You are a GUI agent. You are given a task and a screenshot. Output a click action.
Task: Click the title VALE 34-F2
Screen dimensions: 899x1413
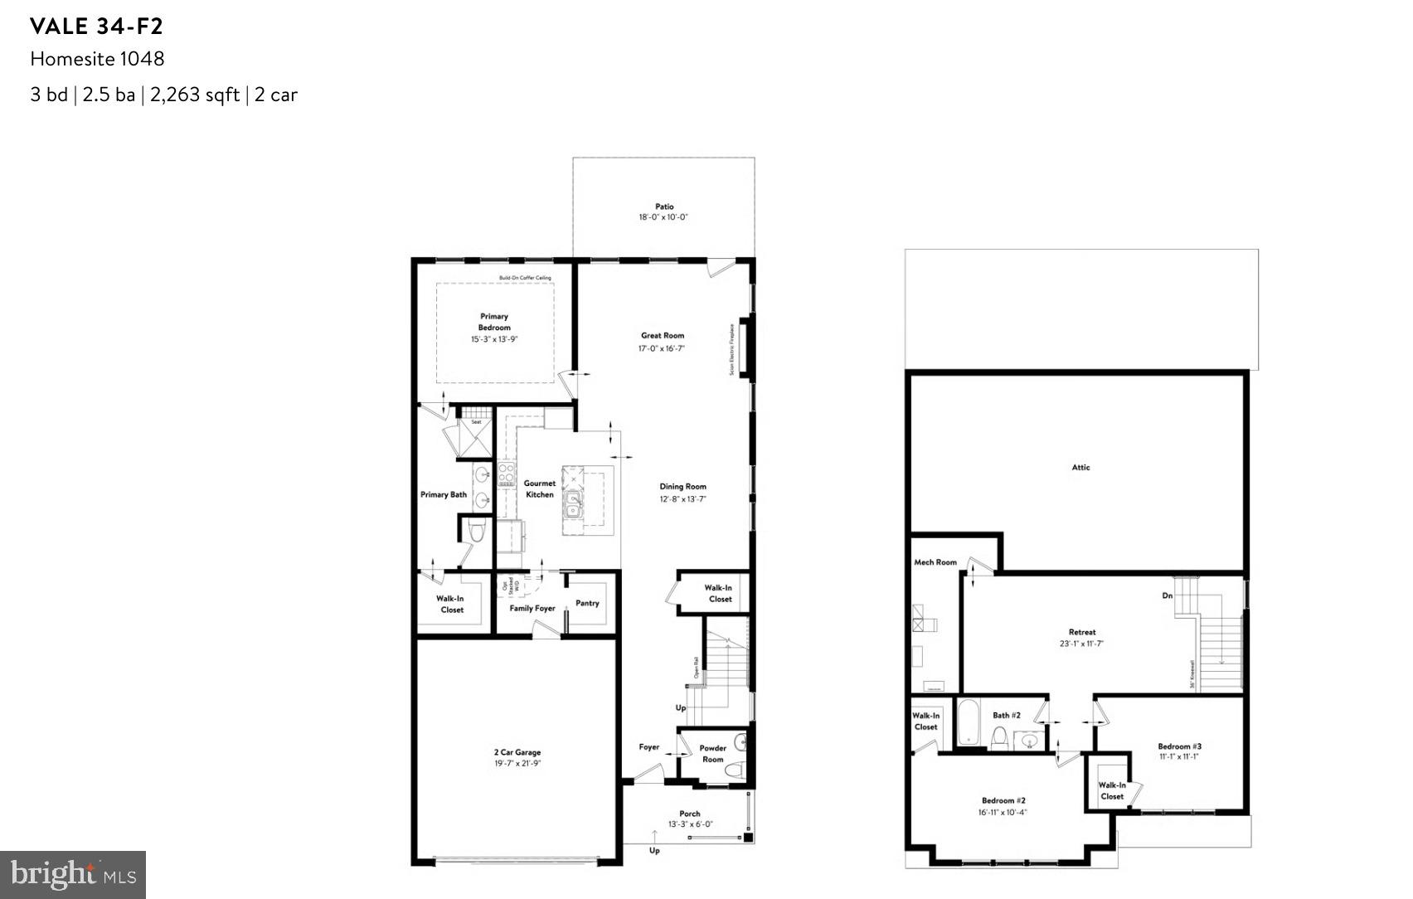point(96,27)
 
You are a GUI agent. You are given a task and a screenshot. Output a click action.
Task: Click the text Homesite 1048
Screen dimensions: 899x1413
point(97,59)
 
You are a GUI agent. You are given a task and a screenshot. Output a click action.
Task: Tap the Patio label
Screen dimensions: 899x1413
point(664,207)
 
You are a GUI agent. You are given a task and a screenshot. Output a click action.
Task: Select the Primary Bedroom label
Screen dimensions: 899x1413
point(494,322)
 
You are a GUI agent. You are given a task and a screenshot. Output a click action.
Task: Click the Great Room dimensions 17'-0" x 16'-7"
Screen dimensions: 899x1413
point(662,348)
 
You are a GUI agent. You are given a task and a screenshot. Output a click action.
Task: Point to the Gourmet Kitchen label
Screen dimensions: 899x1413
point(540,488)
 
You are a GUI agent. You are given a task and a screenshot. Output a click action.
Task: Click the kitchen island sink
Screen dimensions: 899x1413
point(572,503)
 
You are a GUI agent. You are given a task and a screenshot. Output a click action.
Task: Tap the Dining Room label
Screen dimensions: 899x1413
point(682,487)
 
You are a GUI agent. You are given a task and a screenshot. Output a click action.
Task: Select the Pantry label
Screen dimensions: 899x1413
point(587,603)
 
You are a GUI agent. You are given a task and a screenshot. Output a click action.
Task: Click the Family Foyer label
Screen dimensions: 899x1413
point(532,608)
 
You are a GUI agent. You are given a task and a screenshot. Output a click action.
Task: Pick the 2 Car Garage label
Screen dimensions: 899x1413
point(517,752)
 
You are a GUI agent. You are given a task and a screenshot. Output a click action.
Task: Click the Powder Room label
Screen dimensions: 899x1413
point(712,753)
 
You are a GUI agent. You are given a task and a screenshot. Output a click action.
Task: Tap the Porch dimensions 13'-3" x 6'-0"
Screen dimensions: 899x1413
point(690,824)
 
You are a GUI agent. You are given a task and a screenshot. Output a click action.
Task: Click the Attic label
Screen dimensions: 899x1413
point(1080,467)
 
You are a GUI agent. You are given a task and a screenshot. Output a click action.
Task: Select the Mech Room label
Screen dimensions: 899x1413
point(935,562)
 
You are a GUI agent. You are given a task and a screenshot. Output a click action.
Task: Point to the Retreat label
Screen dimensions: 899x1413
point(1081,632)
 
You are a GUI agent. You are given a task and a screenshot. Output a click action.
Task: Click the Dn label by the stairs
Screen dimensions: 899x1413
point(1167,595)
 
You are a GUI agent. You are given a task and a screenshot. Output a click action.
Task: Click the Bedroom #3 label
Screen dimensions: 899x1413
point(1179,746)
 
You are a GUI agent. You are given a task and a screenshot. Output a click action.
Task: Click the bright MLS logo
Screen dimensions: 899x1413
point(73,874)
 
